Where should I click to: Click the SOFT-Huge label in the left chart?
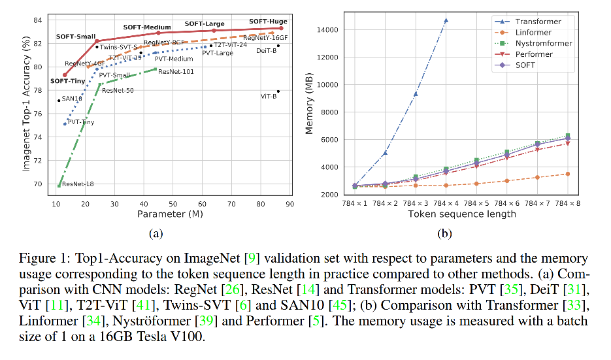pos(268,22)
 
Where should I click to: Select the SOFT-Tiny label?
pos(68,81)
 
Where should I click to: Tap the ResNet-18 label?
pos(78,184)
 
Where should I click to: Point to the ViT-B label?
pos(269,96)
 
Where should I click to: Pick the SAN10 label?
pos(72,99)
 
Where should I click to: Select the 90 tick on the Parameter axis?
pos(288,205)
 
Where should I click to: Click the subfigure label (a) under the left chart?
pos(156,233)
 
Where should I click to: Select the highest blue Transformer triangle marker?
pos(446,20)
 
